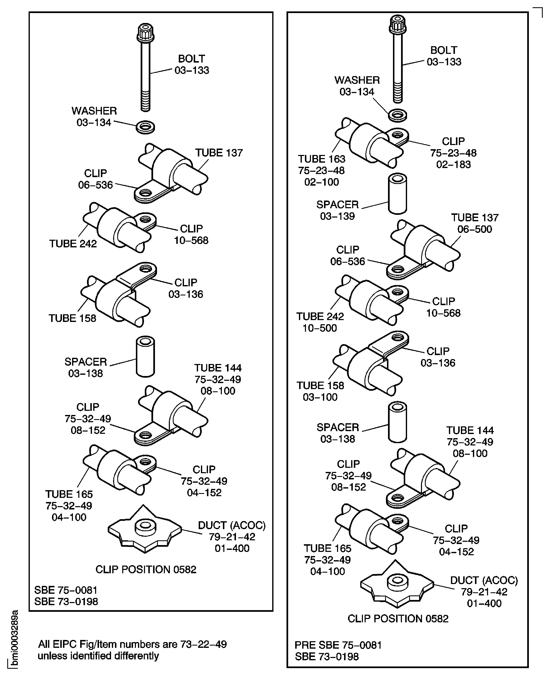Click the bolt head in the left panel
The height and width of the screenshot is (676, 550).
coord(145,33)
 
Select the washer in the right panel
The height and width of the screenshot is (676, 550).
coord(398,115)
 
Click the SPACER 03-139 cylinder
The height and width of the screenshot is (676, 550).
coord(398,193)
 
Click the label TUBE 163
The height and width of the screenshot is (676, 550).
coord(321,159)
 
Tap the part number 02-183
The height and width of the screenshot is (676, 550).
coord(453,164)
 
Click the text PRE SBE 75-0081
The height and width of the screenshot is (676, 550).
coord(338,645)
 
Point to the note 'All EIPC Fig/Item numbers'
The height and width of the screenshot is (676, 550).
coord(132,644)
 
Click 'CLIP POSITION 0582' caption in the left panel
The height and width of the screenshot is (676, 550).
coord(146,570)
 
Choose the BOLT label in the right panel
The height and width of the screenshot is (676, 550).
coord(444,50)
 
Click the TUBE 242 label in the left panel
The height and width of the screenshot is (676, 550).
coord(73,244)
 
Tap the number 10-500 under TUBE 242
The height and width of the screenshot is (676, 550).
coord(320,328)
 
